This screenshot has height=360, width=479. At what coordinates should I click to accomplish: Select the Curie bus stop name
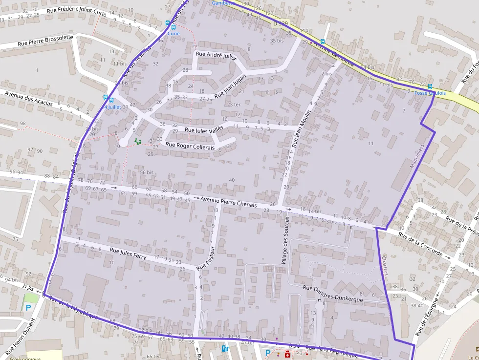174,34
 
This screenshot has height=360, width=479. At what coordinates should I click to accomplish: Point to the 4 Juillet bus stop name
112,107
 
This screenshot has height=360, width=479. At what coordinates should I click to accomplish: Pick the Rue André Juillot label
216,56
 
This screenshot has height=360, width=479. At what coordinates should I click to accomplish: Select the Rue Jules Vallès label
203,129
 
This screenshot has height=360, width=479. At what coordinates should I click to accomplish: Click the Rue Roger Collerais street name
190,145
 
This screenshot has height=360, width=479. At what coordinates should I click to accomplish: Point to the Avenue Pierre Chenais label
228,202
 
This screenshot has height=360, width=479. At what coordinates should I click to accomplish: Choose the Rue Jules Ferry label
128,253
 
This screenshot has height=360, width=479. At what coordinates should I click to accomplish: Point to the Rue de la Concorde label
420,245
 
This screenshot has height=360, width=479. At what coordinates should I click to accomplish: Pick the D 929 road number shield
281,23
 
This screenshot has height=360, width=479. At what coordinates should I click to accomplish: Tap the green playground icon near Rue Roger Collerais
137,141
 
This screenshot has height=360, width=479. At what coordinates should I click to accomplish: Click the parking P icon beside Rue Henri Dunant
28,308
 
